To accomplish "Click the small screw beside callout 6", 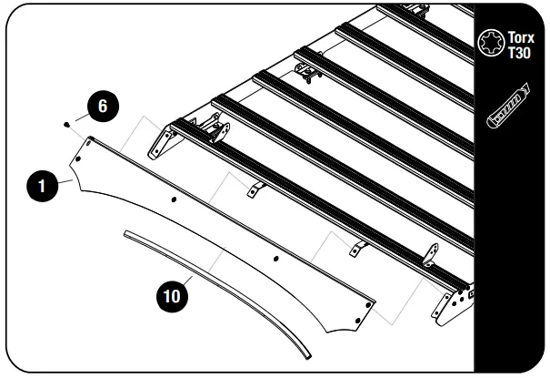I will [68, 123].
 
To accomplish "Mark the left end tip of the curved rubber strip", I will [125, 234].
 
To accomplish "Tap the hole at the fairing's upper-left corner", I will [89, 142].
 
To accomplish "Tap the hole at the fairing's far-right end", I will [366, 304].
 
